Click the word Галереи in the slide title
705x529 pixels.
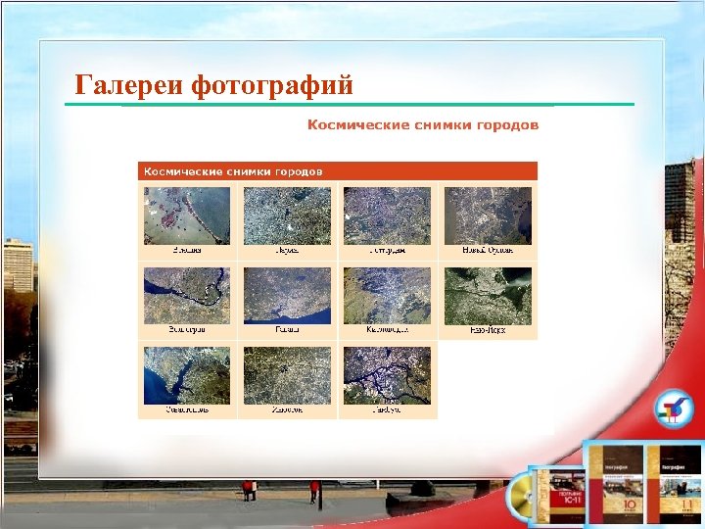(x=130, y=86)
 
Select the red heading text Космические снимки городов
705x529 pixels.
(x=423, y=124)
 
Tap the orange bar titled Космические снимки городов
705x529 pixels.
(x=337, y=171)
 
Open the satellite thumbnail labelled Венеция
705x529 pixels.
(x=187, y=216)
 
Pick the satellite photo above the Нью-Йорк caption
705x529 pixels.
(x=488, y=295)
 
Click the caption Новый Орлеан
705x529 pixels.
(x=488, y=251)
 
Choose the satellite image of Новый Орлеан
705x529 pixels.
(x=488, y=216)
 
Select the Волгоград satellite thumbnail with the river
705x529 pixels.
(x=187, y=295)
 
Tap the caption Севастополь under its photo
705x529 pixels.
(x=187, y=411)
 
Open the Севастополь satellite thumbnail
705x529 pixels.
(x=187, y=375)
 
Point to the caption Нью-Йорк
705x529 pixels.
(x=488, y=331)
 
